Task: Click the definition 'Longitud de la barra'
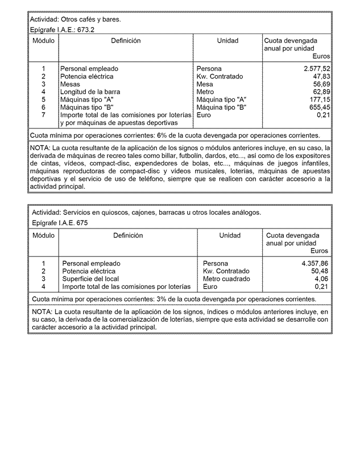(90, 92)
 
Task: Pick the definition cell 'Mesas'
(70, 84)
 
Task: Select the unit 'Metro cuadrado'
(226, 279)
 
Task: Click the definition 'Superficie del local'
(90, 279)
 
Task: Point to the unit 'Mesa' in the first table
(205, 84)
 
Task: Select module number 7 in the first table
(43, 115)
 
